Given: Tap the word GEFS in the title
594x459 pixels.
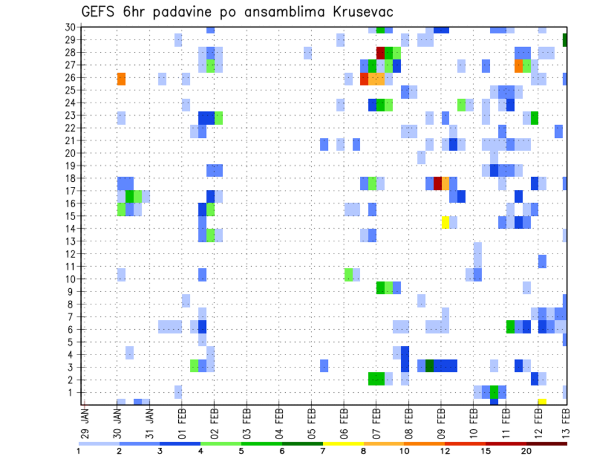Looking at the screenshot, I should tap(100, 12).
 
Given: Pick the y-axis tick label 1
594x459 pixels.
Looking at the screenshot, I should tap(72, 392).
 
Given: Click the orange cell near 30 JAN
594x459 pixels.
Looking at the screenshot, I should tap(121, 79).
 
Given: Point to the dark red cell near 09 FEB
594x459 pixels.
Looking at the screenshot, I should tap(437, 184).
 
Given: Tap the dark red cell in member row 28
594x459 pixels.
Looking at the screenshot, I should tap(381, 53).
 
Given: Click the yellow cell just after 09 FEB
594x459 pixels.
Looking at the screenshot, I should tap(445, 221).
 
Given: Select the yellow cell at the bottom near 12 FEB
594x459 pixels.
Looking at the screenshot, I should tap(542, 401).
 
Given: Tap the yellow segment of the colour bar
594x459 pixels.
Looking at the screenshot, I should tap(343, 444).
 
